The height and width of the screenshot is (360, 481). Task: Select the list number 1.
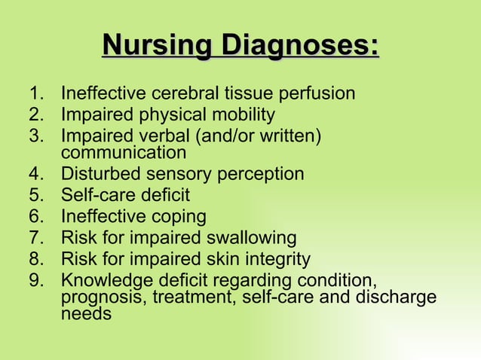click(34, 94)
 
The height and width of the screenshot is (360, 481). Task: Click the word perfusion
click(314, 94)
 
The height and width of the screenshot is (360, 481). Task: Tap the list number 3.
click(34, 136)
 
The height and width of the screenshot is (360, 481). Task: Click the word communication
click(123, 152)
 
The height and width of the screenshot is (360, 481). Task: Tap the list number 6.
click(34, 217)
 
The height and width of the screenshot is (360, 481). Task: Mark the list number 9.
click(34, 281)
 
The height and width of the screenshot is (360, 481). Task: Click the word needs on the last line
click(85, 313)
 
